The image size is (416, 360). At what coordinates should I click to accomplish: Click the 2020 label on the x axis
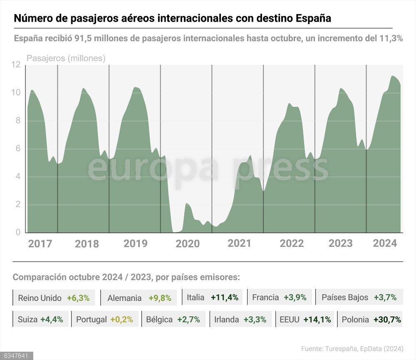point(188,244)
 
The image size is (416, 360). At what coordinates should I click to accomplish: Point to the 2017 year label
point(40,244)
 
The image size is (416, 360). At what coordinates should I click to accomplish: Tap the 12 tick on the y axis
point(16,65)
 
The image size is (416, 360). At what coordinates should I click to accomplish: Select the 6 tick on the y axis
point(18,149)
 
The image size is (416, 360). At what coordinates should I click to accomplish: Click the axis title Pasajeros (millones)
point(66,59)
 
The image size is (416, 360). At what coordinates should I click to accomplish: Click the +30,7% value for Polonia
point(387,320)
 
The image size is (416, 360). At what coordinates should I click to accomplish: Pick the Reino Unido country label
point(40,298)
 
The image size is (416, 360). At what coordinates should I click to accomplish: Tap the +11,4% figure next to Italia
point(224,297)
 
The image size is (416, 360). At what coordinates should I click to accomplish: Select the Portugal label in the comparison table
point(91,320)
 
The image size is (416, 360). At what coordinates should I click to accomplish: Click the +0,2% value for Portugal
point(121,320)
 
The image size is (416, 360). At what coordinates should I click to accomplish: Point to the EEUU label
point(290,320)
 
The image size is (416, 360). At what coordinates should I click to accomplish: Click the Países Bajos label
point(345,297)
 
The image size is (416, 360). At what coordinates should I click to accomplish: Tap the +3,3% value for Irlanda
point(255,320)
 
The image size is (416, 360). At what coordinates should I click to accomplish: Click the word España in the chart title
point(313,19)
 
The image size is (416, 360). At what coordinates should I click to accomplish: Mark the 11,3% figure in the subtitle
point(391,38)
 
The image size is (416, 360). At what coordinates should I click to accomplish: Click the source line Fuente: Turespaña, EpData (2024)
point(352,349)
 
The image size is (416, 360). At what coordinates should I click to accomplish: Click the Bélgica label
point(159,320)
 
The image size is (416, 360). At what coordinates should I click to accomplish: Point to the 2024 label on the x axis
point(385,243)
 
